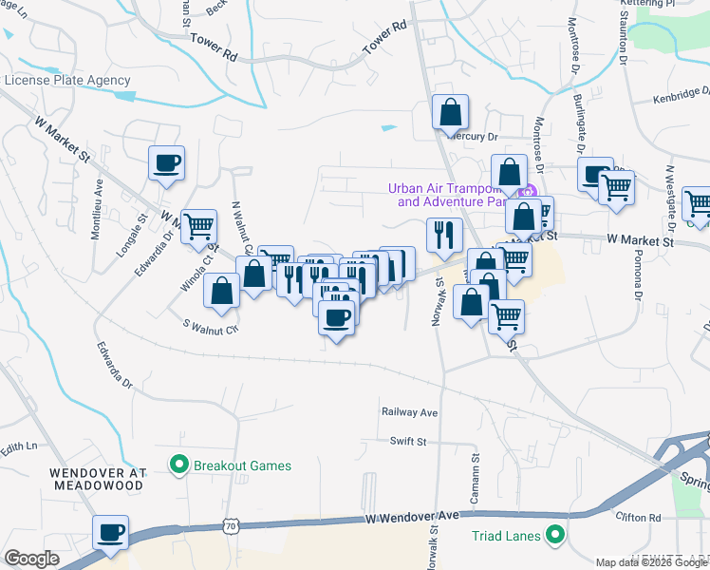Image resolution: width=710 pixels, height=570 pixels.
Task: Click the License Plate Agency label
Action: [67, 80]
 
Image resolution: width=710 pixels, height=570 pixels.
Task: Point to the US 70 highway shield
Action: [231, 524]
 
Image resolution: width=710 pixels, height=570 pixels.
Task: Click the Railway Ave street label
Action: [409, 412]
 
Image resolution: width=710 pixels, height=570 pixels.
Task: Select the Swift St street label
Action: [409, 441]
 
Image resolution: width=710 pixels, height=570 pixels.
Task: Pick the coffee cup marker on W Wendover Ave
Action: [110, 532]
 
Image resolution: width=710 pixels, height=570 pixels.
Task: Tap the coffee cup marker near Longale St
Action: [167, 162]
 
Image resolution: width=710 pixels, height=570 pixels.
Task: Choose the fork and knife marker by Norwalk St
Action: [444, 234]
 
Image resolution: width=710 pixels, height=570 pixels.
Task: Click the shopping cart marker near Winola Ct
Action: [198, 227]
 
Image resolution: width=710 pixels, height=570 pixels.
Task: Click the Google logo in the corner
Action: [31, 559]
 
